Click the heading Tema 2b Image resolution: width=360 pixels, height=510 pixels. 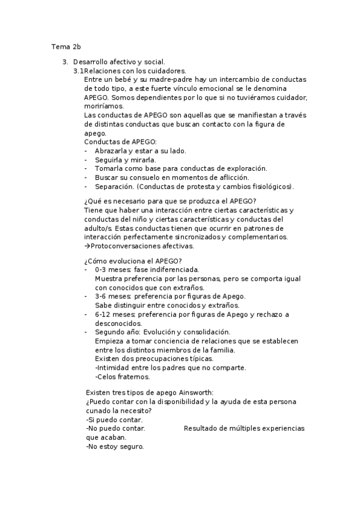[65, 46]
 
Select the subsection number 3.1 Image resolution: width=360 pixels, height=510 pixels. [79, 71]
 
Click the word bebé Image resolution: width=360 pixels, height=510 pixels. [130, 79]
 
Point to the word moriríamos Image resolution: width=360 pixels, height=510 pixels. [104, 106]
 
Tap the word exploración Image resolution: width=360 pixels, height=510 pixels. [244, 168]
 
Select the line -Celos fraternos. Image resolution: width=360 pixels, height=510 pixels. [123, 376]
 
